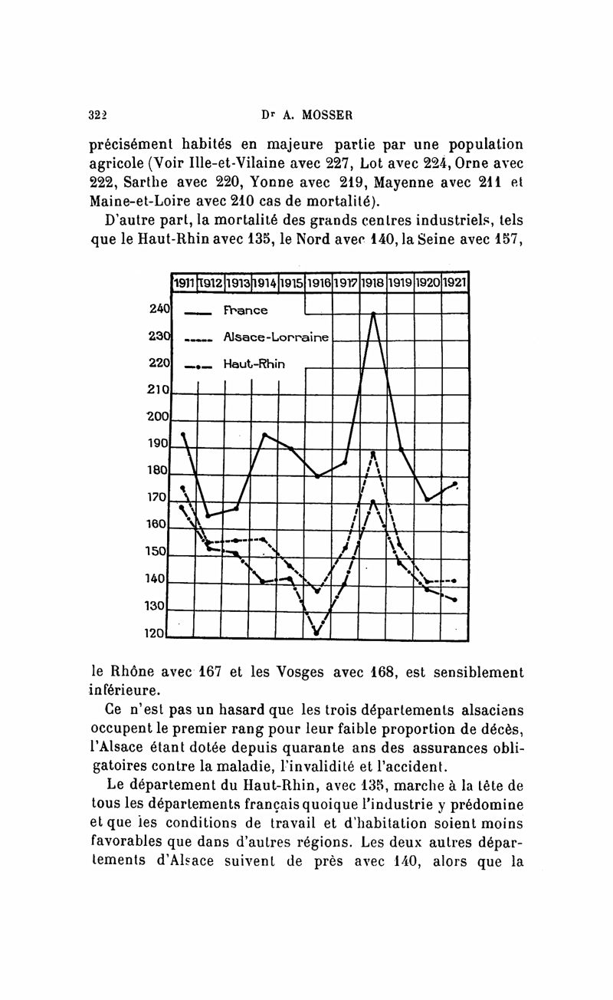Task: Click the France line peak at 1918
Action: (373, 314)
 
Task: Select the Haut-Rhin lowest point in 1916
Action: (316, 633)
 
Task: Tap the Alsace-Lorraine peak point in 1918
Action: (373, 453)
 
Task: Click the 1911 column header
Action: (183, 283)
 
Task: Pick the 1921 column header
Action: (455, 283)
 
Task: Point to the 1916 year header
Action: (319, 283)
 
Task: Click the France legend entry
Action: (245, 311)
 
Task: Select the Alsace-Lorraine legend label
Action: (276, 337)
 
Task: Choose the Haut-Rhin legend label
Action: (254, 364)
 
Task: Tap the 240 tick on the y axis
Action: (159, 309)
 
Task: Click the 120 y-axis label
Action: (156, 634)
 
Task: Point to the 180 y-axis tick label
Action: (157, 470)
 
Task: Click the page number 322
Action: (97, 115)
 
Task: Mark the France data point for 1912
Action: (208, 515)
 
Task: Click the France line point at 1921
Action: (455, 484)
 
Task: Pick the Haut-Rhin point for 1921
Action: (455, 600)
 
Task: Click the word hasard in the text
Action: (214, 709)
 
